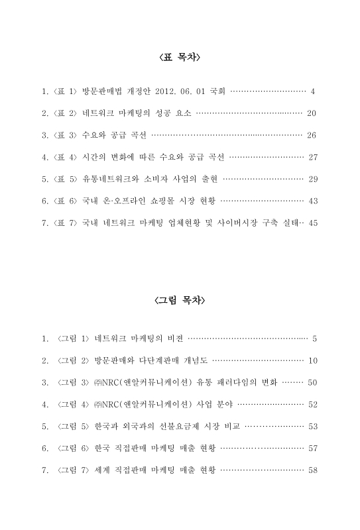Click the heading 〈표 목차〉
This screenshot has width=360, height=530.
click(x=180, y=59)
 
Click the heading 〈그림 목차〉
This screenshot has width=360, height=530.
click(x=180, y=300)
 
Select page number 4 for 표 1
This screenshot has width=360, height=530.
click(x=312, y=90)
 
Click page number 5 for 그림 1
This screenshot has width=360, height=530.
click(x=314, y=339)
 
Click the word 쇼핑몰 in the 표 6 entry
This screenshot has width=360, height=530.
click(x=164, y=201)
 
